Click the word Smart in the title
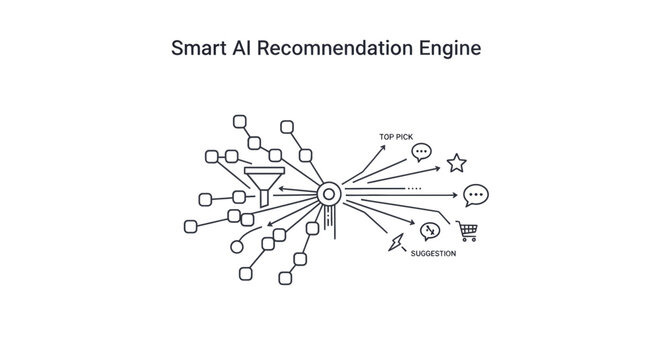click(198, 48)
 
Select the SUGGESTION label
click(433, 254)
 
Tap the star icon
click(456, 161)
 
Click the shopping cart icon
click(466, 231)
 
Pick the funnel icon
click(263, 184)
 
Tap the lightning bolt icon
click(396, 242)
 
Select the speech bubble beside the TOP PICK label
click(422, 153)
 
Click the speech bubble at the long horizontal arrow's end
click(476, 195)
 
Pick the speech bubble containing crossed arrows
click(430, 231)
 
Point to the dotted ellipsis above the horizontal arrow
click(414, 188)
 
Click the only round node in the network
click(236, 245)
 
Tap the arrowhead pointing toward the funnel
click(280, 188)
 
